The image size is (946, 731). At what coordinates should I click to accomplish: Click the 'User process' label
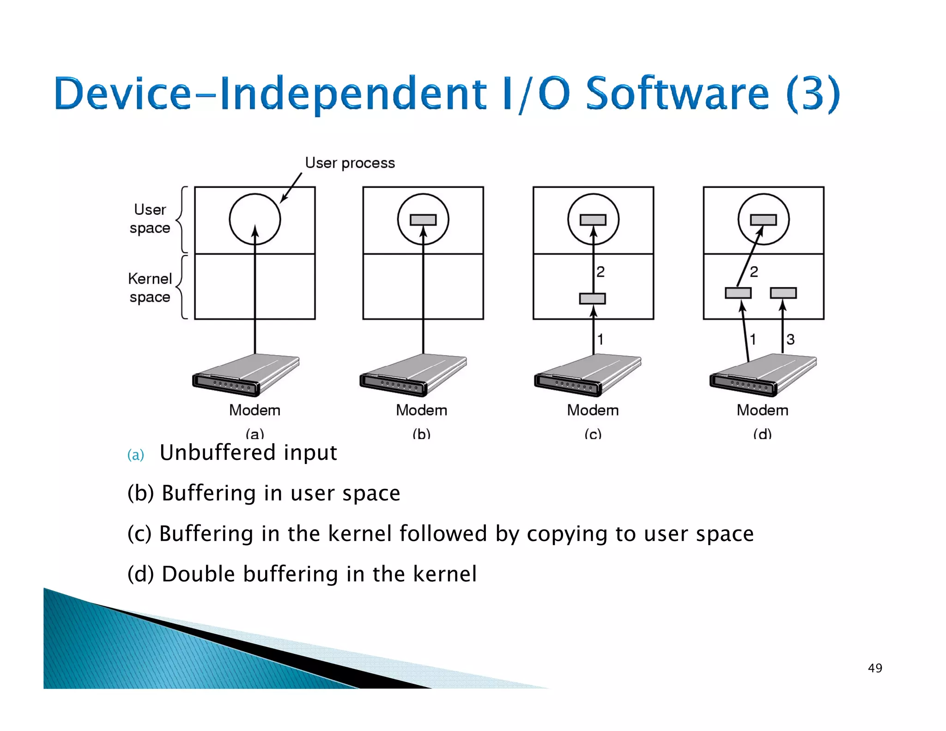click(x=350, y=163)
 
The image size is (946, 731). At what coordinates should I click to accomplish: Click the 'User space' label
click(x=150, y=219)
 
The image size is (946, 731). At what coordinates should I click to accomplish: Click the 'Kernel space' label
click(x=150, y=288)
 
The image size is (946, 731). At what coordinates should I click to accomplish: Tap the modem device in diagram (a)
click(x=246, y=375)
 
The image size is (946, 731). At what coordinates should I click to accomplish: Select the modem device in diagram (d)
click(x=763, y=375)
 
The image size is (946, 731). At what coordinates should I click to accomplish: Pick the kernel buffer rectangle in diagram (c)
click(x=593, y=298)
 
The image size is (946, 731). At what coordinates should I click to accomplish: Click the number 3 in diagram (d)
click(x=790, y=340)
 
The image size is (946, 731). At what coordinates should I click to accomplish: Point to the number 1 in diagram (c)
click(x=600, y=340)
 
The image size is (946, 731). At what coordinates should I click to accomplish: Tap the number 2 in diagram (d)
click(x=754, y=272)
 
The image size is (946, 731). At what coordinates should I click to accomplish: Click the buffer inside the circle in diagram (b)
click(x=423, y=220)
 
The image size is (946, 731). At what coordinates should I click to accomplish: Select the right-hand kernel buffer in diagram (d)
click(x=783, y=293)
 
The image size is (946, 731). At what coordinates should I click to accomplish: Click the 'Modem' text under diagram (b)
click(x=421, y=410)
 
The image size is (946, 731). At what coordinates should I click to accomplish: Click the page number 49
click(x=875, y=668)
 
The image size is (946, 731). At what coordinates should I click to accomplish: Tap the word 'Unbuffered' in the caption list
click(x=218, y=452)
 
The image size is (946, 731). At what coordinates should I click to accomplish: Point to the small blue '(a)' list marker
click(x=135, y=455)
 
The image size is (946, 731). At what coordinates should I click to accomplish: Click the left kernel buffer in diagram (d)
click(x=738, y=293)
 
